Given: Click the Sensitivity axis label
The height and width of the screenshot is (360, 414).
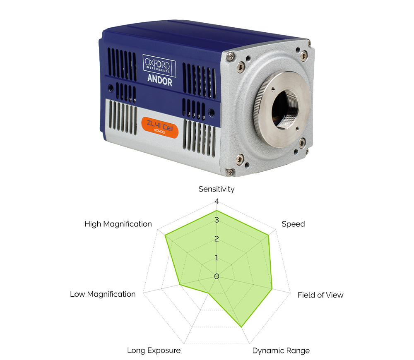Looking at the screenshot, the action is click(x=216, y=189).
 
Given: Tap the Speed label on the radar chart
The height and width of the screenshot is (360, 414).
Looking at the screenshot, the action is click(x=293, y=224).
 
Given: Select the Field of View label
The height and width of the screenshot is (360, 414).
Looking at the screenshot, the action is click(x=320, y=295).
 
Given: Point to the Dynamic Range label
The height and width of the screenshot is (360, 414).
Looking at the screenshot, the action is click(x=281, y=350).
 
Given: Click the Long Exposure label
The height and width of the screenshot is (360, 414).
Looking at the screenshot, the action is click(x=154, y=350).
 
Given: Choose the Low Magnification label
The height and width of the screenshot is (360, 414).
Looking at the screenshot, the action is click(x=103, y=294).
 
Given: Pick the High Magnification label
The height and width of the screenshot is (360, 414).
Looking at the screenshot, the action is click(x=118, y=224).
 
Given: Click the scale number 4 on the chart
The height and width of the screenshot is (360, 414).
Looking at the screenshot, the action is click(x=217, y=202).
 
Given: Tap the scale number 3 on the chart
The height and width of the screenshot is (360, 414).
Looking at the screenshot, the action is click(x=217, y=220).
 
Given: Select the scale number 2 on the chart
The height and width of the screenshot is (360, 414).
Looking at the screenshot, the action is click(x=217, y=239).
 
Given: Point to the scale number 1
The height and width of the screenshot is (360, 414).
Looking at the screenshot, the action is click(x=217, y=258).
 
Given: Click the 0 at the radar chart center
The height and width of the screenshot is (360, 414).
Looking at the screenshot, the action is click(x=217, y=276).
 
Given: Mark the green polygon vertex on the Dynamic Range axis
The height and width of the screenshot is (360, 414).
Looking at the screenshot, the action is click(x=241, y=327).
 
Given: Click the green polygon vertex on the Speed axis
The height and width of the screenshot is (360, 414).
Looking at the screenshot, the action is click(x=269, y=235).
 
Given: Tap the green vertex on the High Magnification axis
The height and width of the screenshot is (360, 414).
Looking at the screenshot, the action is click(x=165, y=235).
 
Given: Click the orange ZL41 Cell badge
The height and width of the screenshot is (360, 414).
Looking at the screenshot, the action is click(x=160, y=127).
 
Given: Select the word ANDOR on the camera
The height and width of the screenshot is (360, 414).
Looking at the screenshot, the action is click(x=160, y=80).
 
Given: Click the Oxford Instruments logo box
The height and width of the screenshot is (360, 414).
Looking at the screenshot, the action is click(x=159, y=65).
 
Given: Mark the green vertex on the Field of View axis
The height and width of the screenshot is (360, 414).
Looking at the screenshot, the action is click(x=272, y=289).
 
